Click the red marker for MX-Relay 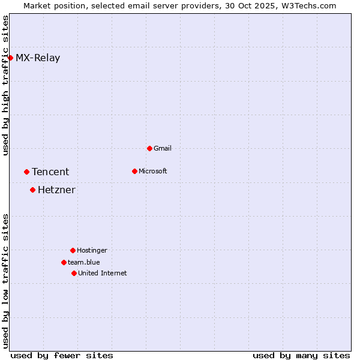(10, 58)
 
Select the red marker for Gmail (149, 148)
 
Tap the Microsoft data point (134, 171)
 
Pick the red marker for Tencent (26, 172)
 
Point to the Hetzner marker (32, 190)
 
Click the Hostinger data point (73, 250)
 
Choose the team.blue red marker (64, 262)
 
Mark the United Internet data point (74, 273)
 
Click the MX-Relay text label (38, 58)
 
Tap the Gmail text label (163, 148)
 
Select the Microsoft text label (153, 171)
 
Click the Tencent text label (50, 172)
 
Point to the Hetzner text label (56, 190)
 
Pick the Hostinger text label (92, 250)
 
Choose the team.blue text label (84, 262)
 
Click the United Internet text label (103, 273)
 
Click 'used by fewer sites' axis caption (62, 355)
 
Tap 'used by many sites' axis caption (301, 355)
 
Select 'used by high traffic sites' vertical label (5, 85)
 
